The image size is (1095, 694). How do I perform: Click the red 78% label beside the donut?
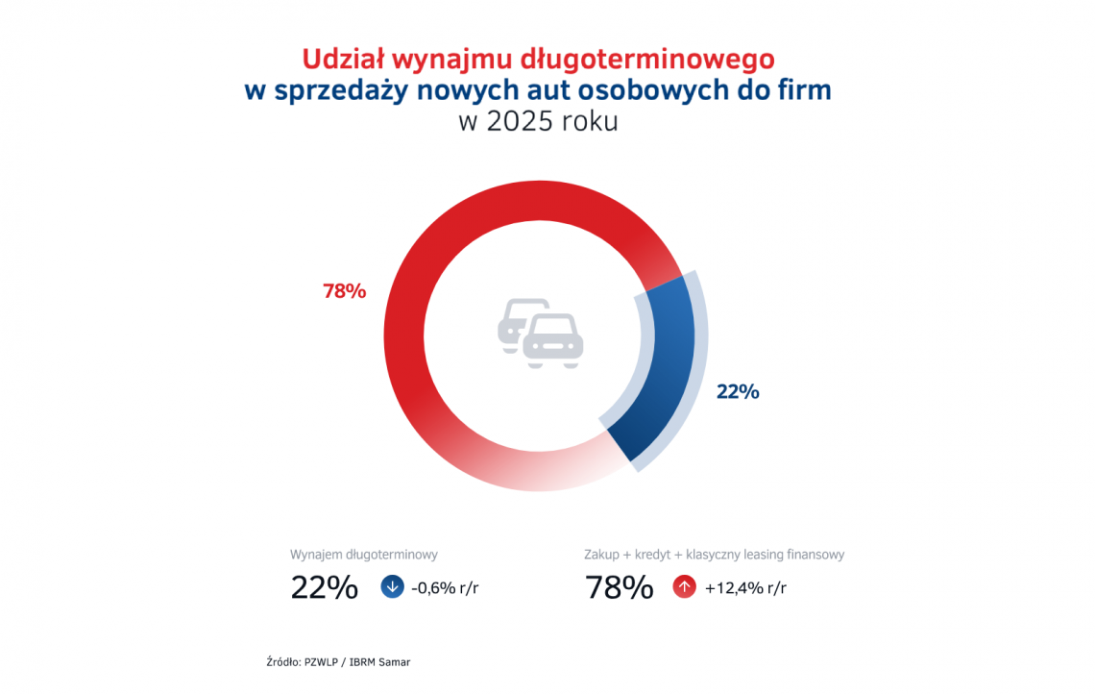[x=344, y=291]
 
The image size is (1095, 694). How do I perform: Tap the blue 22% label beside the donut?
[x=737, y=391]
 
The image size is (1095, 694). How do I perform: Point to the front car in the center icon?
[x=553, y=338]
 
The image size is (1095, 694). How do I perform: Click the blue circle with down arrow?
[x=392, y=586]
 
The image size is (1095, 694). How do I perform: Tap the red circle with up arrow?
[x=684, y=586]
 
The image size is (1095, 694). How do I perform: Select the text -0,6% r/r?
[x=445, y=587]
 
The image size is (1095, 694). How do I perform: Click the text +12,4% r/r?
[x=745, y=587]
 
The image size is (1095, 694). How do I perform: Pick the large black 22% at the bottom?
[x=324, y=587]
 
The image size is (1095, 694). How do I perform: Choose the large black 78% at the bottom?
[x=620, y=587]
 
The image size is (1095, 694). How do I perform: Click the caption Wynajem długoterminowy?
[x=364, y=555]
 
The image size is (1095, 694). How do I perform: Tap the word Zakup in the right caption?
[x=602, y=555]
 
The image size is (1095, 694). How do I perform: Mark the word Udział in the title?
[x=340, y=60]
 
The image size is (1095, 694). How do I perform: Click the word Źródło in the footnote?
[x=282, y=661]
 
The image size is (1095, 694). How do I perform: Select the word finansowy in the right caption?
[x=815, y=555]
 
